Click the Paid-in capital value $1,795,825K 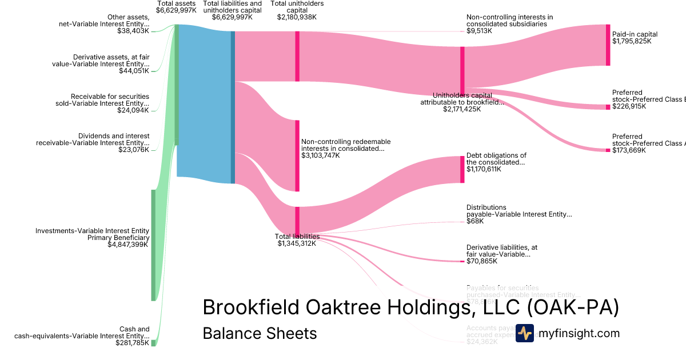tap(631, 41)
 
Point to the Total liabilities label tap(297, 236)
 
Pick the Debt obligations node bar tap(462, 169)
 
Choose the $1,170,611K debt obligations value tap(484, 169)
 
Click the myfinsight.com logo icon tap(524, 333)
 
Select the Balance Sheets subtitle tap(260, 333)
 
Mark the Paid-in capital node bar tap(608, 45)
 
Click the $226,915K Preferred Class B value tap(629, 106)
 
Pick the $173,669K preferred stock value tap(629, 150)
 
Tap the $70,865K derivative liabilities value tap(482, 261)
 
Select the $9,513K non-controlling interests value tap(479, 31)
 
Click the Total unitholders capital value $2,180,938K tap(297, 17)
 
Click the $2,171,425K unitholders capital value tap(462, 109)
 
